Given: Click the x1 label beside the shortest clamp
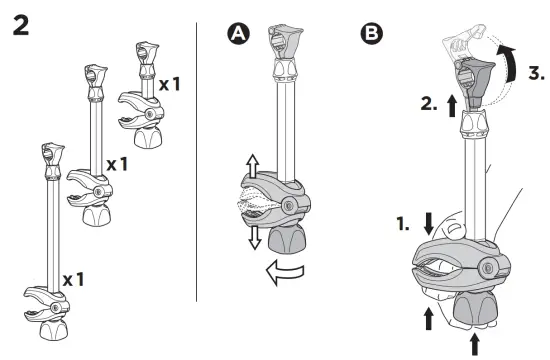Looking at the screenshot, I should coord(171,84).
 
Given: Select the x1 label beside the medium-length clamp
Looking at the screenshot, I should coord(117,163).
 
